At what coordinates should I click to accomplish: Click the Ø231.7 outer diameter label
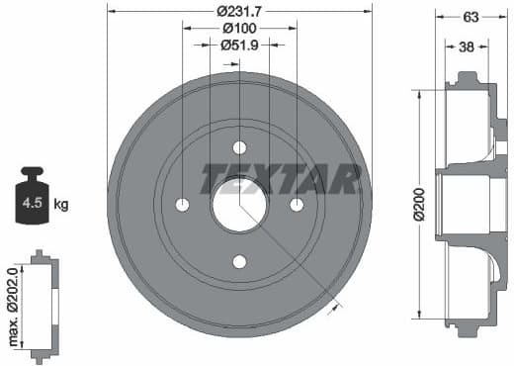coord(239,11)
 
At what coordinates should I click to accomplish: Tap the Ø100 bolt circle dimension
coord(239,28)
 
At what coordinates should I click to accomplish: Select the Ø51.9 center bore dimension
coord(239,45)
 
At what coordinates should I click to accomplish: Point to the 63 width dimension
coord(471,16)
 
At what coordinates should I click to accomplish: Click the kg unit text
coord(61,205)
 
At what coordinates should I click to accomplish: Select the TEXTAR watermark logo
coord(281,178)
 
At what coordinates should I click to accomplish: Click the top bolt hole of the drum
coord(239,147)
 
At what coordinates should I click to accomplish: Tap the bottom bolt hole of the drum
coord(239,262)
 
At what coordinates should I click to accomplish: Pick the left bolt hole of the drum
coord(182,205)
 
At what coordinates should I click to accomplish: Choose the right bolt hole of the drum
coord(297,205)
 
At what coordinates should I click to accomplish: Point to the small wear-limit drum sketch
coord(43,306)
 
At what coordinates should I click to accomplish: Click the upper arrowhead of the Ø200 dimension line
coord(420,91)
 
